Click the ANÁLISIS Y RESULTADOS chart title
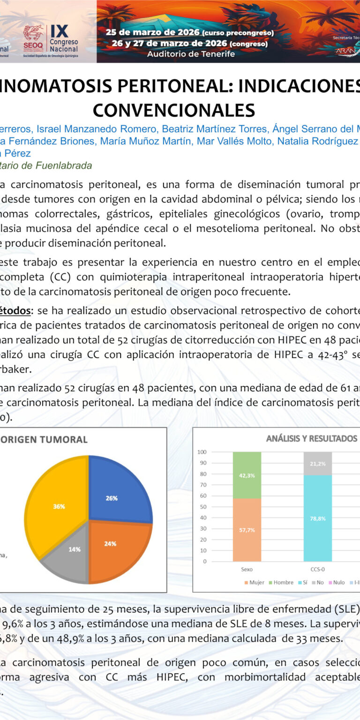point(312,439)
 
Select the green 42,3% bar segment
point(247,475)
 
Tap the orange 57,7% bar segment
point(247,530)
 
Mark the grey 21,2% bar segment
point(318,463)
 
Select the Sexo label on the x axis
point(247,569)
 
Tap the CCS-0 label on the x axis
point(318,569)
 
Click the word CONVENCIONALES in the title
point(174,110)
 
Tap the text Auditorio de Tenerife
point(191,53)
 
